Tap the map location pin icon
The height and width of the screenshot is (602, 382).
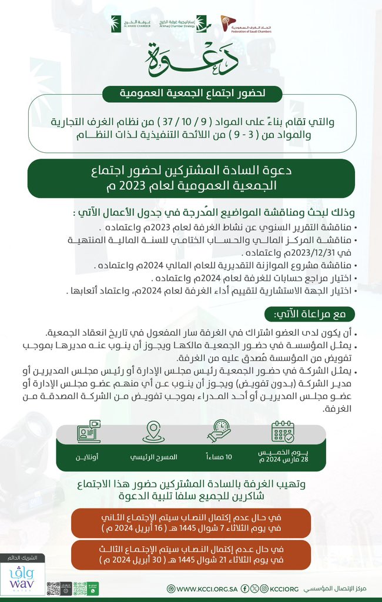click(152, 432)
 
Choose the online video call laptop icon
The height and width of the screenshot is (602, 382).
click(88, 432)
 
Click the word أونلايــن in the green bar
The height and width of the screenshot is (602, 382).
click(88, 457)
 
